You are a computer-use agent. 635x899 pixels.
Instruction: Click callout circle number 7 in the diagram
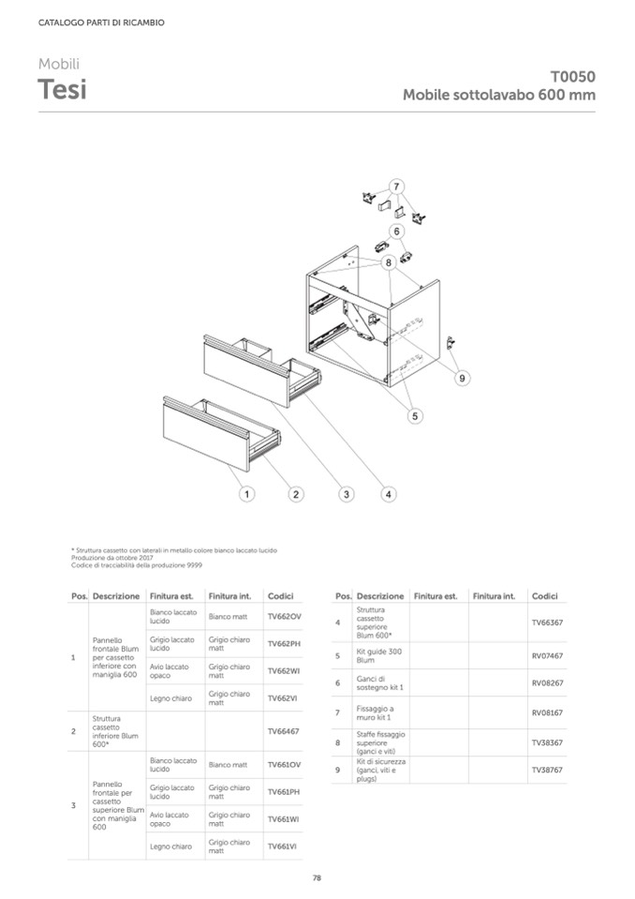(x=397, y=185)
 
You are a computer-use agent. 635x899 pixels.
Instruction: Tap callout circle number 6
(x=397, y=230)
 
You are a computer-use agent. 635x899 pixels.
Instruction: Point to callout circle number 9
(x=463, y=378)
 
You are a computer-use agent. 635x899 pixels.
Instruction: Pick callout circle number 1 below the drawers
(x=245, y=493)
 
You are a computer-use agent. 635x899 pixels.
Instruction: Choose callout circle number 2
(x=295, y=493)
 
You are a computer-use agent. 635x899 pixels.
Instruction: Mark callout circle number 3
(x=346, y=493)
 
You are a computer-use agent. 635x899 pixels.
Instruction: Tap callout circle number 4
(x=389, y=493)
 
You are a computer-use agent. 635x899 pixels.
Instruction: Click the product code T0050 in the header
(x=572, y=78)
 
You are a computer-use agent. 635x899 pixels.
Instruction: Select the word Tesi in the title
(x=62, y=91)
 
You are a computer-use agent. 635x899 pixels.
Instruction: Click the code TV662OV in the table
(x=284, y=617)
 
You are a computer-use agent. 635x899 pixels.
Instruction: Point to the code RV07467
(x=547, y=655)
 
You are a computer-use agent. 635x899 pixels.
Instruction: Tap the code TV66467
(x=283, y=731)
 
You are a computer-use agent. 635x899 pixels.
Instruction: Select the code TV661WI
(x=283, y=819)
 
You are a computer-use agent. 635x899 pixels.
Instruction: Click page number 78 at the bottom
(x=317, y=877)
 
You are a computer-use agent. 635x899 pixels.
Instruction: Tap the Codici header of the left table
(x=281, y=596)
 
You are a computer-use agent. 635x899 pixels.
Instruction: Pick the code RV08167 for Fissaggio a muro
(x=547, y=712)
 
